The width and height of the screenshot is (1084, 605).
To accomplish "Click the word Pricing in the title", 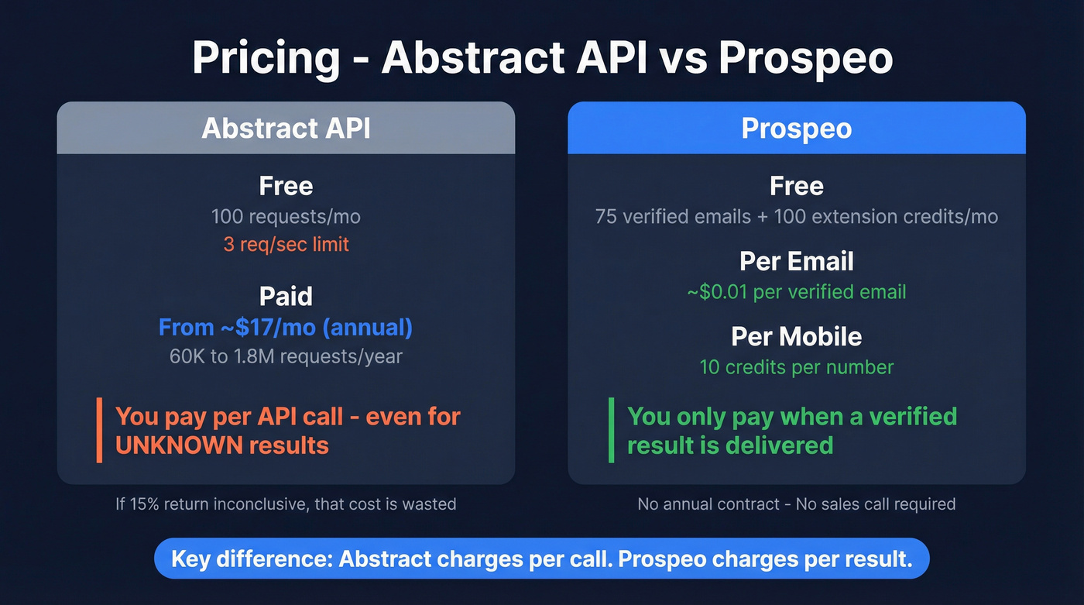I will (266, 57).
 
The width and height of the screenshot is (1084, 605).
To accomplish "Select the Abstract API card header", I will (286, 128).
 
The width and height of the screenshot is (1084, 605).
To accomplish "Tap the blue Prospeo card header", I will (797, 128).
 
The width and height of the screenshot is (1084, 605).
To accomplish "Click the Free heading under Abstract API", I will (286, 186).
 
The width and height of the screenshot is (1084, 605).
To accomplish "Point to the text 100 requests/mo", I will (286, 216).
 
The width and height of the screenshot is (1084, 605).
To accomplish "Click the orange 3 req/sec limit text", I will (286, 245).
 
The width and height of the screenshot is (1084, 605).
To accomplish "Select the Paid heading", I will (286, 296).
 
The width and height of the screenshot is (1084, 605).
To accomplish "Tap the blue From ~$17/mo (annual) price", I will (286, 327).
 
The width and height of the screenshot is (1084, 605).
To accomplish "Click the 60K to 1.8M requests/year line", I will (286, 356).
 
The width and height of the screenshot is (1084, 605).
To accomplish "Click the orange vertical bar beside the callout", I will (99, 430).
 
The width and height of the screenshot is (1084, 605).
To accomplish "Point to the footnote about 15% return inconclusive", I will (286, 504).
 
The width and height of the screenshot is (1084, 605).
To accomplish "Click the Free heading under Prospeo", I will (797, 186).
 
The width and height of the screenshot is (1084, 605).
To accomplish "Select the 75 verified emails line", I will (797, 216).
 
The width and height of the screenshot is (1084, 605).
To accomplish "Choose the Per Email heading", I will (797, 261).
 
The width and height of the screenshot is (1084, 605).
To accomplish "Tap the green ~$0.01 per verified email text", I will (797, 292).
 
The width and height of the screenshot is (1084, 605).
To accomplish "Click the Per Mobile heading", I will (797, 336).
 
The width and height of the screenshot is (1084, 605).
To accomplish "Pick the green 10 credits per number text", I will (797, 366).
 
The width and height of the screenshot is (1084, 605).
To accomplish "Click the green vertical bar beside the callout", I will (611, 430).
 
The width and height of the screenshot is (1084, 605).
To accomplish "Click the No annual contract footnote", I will (797, 504).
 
